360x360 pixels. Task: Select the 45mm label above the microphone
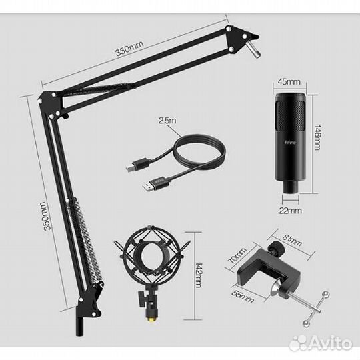pyautogui.click(x=289, y=83)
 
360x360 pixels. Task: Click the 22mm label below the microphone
pyautogui.click(x=291, y=210)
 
